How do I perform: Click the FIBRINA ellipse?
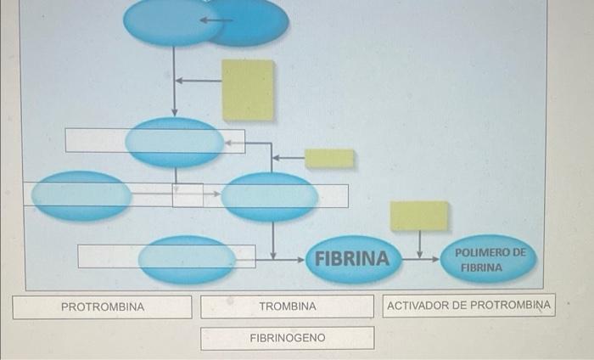pos(351,258)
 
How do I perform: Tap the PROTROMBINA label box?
pos(102,306)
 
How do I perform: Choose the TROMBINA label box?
pos(287,306)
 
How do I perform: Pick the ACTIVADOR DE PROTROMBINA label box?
pos(468,305)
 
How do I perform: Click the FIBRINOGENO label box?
pos(287,338)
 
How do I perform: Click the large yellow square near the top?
pos(248,89)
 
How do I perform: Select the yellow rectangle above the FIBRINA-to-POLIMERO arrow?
pos(419,216)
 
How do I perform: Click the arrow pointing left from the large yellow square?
pos(198,81)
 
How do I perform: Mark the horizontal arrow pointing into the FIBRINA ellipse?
pos(289,257)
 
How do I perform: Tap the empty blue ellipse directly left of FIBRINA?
pos(187,259)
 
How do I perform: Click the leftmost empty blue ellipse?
pos(81,195)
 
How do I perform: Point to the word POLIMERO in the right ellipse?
pos(490,252)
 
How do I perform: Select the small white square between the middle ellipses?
pos(188,195)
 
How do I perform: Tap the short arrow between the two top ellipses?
pos(216,20)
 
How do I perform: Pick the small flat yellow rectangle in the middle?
pos(329,158)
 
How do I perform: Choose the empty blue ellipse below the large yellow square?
pos(175,142)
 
